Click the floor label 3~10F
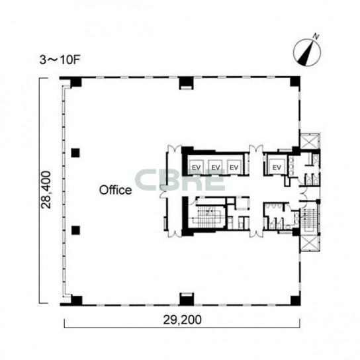point(60,60)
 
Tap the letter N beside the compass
point(316,36)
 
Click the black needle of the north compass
point(305,53)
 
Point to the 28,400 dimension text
point(46,190)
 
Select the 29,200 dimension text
point(182,320)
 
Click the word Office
point(116,190)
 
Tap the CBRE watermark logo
point(180,179)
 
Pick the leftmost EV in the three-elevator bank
point(197,167)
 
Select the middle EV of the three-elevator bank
point(215,167)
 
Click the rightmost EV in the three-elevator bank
point(234,167)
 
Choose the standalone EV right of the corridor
point(277,167)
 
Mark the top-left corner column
point(75,83)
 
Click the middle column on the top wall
point(186,83)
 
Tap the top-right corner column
point(295,82)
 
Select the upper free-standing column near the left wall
point(75,153)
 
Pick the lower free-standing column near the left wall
point(75,230)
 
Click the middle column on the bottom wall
point(187,299)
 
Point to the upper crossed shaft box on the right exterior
point(309,141)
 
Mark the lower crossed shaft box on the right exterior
point(309,243)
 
